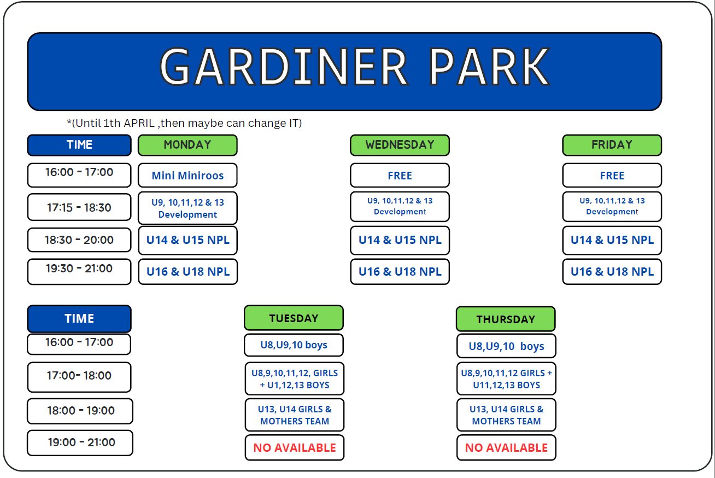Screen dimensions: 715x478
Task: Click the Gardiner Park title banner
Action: tap(345, 72)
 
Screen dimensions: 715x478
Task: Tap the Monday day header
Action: tap(187, 145)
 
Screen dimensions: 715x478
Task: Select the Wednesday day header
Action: tap(400, 145)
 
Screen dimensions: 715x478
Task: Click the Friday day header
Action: tap(612, 145)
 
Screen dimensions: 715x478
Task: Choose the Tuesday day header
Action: tap(294, 318)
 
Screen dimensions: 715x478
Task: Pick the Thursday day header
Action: tap(506, 319)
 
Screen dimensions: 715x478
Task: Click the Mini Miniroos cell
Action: tap(187, 176)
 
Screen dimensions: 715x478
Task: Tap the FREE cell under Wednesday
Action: tap(400, 176)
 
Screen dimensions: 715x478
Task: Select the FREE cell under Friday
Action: tap(612, 176)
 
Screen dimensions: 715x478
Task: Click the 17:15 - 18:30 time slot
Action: tap(79, 207)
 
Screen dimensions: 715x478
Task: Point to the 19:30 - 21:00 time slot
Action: tap(79, 271)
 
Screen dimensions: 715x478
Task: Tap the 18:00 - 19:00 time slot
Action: tap(80, 411)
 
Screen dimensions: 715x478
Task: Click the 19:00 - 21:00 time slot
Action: tap(80, 443)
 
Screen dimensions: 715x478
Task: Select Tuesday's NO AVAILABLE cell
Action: tap(294, 448)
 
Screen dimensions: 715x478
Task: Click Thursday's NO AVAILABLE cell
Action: tap(506, 448)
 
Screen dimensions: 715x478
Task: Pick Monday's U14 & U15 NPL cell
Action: tap(187, 241)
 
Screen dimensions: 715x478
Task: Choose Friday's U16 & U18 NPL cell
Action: tap(612, 272)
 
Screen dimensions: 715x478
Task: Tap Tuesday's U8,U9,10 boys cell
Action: tap(294, 345)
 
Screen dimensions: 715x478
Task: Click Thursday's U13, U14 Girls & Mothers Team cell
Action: tap(506, 415)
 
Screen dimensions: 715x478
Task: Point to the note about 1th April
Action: tap(184, 123)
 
